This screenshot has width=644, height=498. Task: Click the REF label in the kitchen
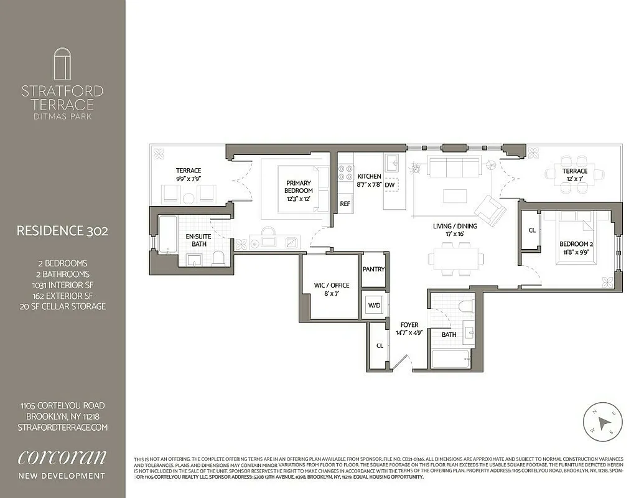(345, 204)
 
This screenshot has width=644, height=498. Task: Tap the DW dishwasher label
(390, 185)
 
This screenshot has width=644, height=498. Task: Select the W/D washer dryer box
(374, 306)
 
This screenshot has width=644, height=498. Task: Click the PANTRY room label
(374, 270)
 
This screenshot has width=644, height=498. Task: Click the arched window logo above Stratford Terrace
(62, 65)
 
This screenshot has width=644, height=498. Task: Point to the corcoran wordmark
(62, 458)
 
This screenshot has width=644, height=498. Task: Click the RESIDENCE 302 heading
(62, 231)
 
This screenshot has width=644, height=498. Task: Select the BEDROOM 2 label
(576, 244)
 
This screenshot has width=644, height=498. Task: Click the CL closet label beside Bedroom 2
(531, 230)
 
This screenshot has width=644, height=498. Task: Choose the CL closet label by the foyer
(380, 345)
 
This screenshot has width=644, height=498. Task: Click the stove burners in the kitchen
(345, 172)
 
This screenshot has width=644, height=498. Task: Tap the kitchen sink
(392, 164)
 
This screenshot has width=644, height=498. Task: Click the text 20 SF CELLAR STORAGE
(62, 306)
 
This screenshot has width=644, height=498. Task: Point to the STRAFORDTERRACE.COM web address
(62, 427)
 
